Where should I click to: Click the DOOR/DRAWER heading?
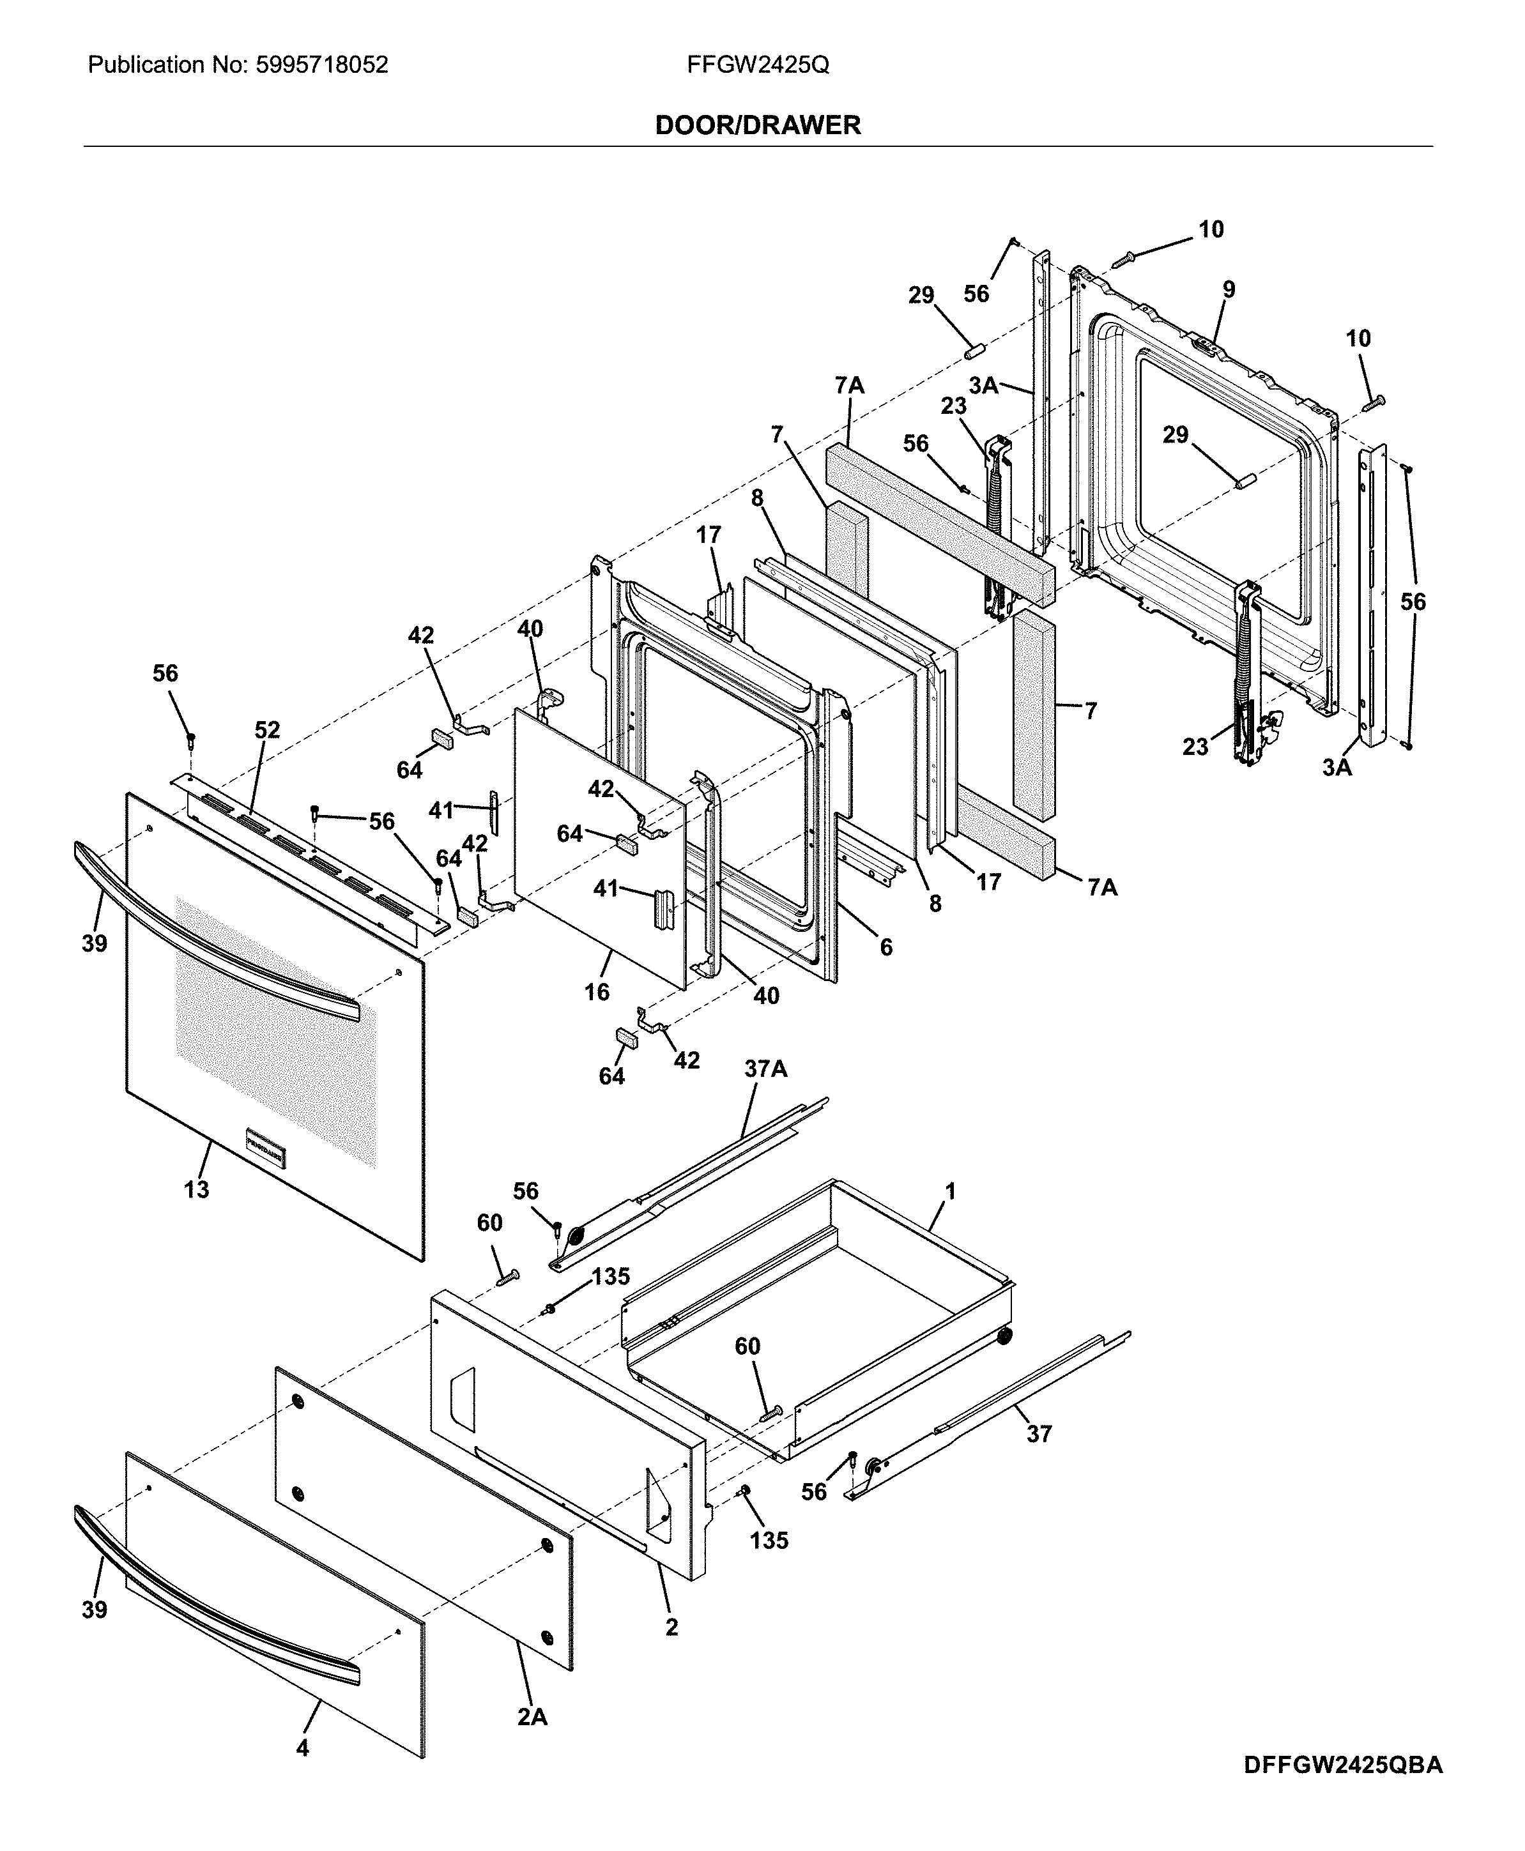(758, 126)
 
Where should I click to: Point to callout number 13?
(196, 1190)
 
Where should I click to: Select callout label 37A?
(765, 1069)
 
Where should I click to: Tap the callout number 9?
(1228, 289)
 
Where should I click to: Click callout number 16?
(597, 992)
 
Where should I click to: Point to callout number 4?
(302, 1773)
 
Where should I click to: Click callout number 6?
(885, 947)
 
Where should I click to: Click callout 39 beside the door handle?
(94, 944)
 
